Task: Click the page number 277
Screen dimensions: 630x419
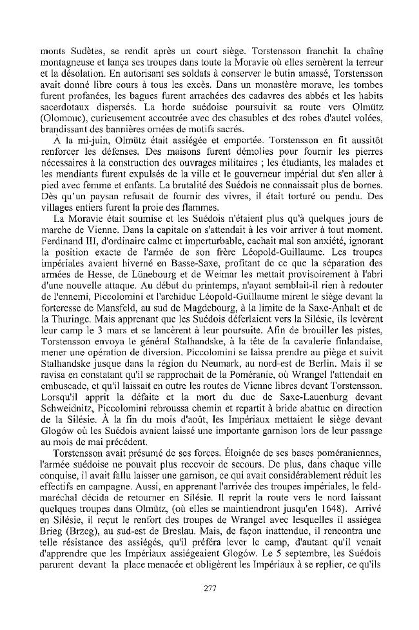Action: click(x=209, y=587)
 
